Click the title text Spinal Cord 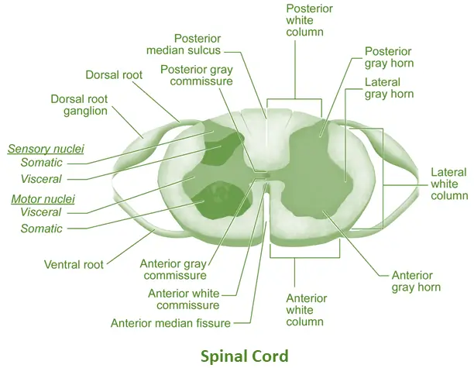(244, 356)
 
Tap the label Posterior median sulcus (184, 44)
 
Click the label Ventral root (74, 264)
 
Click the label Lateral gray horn (390, 88)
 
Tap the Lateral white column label (449, 184)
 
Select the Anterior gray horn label (417, 280)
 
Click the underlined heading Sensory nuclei (46, 148)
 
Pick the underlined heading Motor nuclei (41, 199)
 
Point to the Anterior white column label (306, 309)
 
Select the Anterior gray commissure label (173, 268)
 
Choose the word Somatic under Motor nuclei (42, 229)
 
